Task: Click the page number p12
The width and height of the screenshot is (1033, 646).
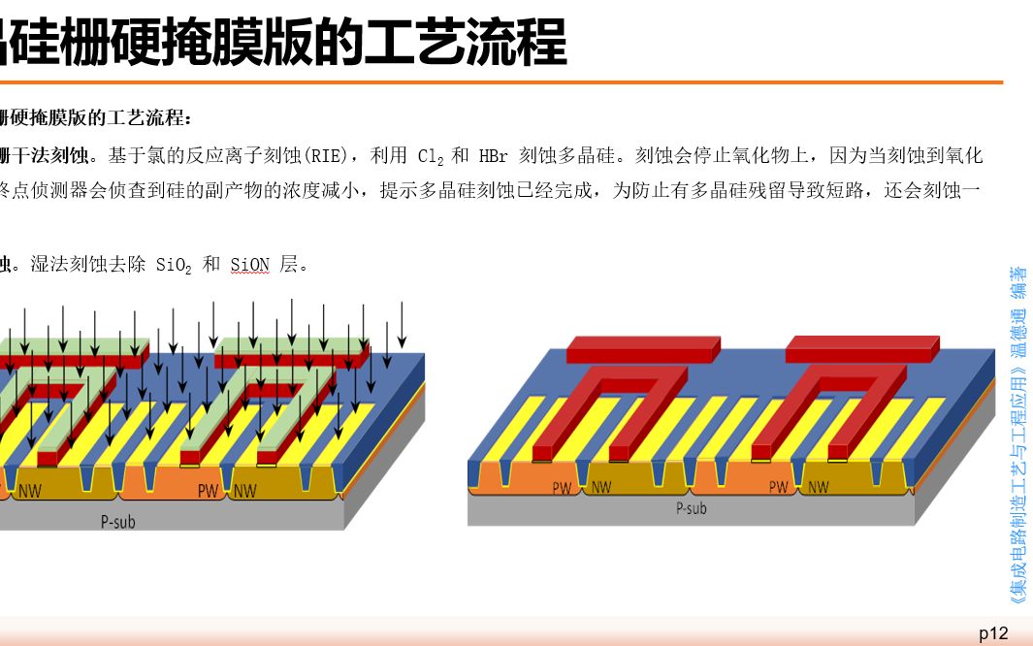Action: point(993,633)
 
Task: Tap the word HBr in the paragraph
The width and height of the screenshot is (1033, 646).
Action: point(493,156)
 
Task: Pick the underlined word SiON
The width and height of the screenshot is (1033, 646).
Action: point(249,265)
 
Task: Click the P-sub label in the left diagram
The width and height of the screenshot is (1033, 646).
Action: point(118,522)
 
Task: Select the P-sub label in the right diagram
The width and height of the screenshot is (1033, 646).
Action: point(691,508)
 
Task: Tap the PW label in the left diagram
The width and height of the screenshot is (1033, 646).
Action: point(209,491)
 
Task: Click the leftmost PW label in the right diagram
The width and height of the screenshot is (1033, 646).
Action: point(563,488)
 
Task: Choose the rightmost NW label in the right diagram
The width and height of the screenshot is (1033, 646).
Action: point(818,488)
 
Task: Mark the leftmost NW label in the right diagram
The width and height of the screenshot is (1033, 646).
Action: point(600,488)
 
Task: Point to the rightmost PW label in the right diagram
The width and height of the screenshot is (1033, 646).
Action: point(780,488)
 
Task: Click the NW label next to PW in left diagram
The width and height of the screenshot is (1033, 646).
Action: point(244,491)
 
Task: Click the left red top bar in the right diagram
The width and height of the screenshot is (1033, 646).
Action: point(643,347)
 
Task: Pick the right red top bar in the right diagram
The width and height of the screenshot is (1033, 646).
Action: point(862,346)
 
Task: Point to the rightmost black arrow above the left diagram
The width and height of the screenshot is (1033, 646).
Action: point(402,325)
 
